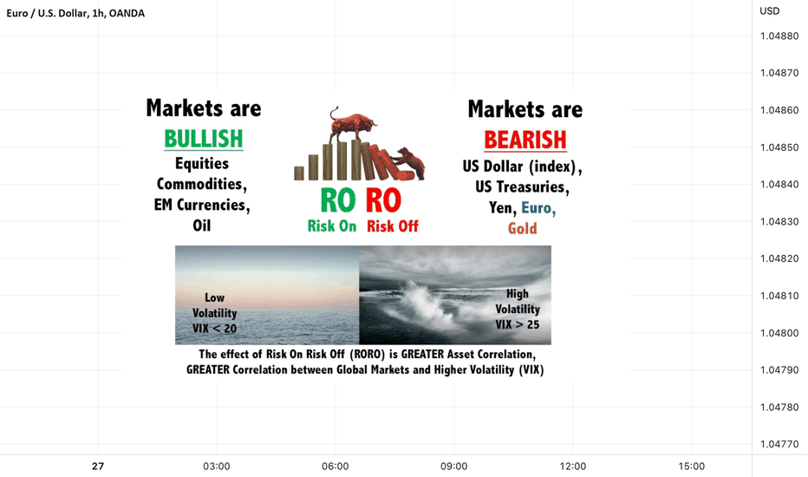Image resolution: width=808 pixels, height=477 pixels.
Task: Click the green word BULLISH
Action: click(x=204, y=139)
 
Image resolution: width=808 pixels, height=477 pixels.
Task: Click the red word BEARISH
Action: click(x=525, y=140)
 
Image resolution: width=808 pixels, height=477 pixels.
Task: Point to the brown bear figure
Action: click(x=410, y=162)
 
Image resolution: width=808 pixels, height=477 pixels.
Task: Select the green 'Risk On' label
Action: click(x=332, y=225)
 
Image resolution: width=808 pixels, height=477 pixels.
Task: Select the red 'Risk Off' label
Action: click(x=393, y=225)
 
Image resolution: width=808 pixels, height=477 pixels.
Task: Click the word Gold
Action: click(x=523, y=228)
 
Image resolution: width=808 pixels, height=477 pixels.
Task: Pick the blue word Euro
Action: click(x=538, y=208)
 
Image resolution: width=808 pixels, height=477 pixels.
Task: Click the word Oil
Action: click(x=202, y=225)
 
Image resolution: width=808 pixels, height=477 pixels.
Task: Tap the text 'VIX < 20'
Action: click(x=214, y=329)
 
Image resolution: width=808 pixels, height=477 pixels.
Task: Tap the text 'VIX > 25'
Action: click(x=518, y=324)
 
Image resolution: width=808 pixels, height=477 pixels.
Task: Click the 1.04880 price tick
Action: click(x=779, y=36)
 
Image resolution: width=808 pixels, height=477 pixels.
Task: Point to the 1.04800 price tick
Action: click(x=779, y=333)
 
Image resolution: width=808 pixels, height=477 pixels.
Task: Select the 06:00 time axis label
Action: click(x=336, y=467)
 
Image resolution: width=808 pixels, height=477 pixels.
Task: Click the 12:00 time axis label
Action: click(x=573, y=467)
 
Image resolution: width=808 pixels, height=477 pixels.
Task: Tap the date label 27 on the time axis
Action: click(x=98, y=467)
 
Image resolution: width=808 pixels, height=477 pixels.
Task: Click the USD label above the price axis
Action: click(x=770, y=10)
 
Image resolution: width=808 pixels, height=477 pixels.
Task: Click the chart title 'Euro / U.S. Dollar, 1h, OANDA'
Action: click(x=75, y=13)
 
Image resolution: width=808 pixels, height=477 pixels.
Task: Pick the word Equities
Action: click(x=202, y=163)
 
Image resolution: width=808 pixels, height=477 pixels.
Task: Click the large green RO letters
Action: click(x=338, y=200)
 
